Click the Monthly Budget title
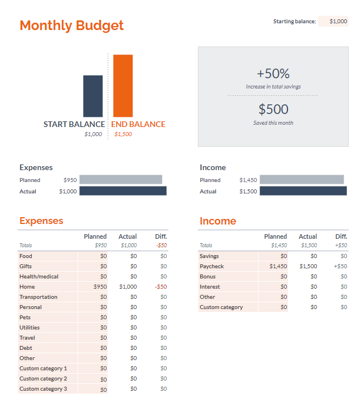click(x=71, y=26)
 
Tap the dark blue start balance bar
click(x=93, y=96)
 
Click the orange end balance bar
click(x=122, y=86)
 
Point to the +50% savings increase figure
click(x=273, y=74)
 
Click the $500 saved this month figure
click(x=273, y=109)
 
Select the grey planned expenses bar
click(x=120, y=180)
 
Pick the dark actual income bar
click(x=303, y=191)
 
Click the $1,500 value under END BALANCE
click(x=123, y=134)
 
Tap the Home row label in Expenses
click(x=27, y=287)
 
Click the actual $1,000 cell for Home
click(x=128, y=287)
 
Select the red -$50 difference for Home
click(x=160, y=287)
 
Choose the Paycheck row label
click(x=211, y=267)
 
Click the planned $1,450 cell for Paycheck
click(x=278, y=267)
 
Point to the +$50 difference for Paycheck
click(x=340, y=267)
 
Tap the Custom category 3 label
click(x=43, y=389)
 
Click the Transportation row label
click(x=38, y=297)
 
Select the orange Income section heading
click(x=218, y=221)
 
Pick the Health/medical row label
click(x=39, y=277)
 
